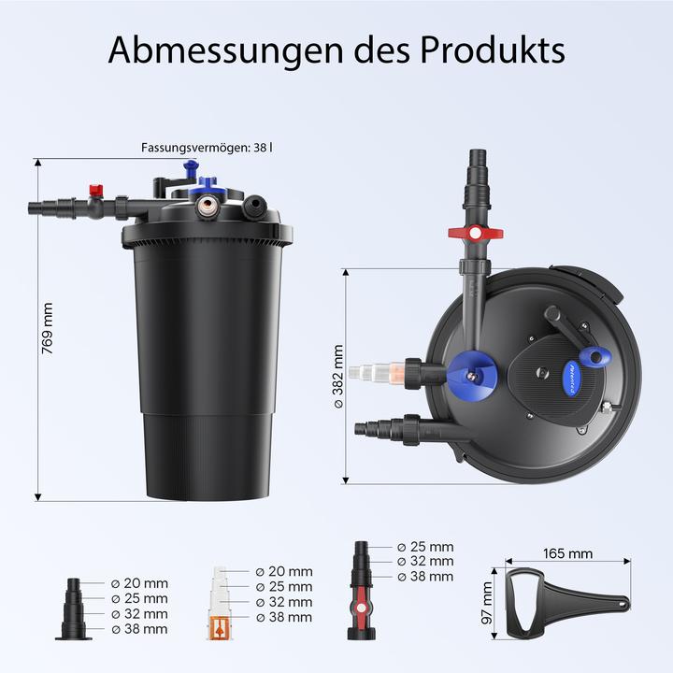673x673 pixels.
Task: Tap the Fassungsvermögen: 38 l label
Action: point(207,148)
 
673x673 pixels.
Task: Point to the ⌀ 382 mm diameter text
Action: point(338,377)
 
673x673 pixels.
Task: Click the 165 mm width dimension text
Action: point(567,553)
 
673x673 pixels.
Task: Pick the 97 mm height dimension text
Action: point(487,605)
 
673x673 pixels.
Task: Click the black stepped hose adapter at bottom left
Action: point(74,609)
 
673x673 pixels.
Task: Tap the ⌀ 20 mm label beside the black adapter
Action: point(139,581)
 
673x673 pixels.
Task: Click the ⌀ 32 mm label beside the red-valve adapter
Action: point(425,562)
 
